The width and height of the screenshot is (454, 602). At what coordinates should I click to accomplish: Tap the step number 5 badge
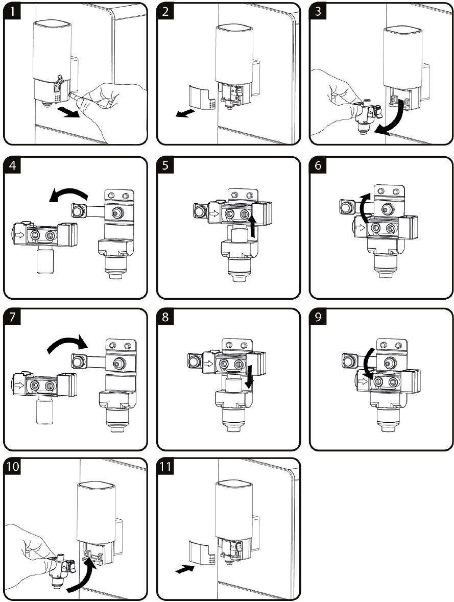(x=165, y=165)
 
